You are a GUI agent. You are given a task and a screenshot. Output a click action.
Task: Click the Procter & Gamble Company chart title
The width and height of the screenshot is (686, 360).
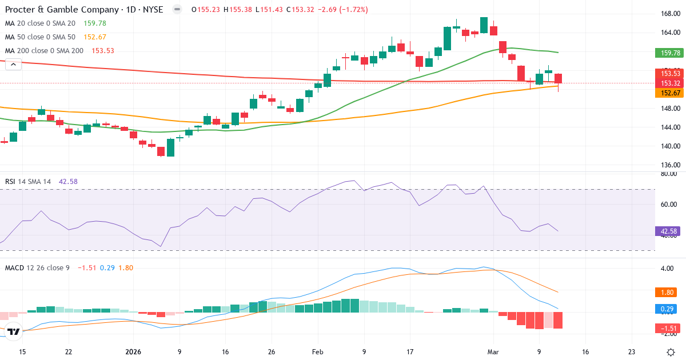tap(84, 10)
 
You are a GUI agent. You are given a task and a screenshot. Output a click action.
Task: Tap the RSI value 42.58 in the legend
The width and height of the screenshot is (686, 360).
tap(68, 182)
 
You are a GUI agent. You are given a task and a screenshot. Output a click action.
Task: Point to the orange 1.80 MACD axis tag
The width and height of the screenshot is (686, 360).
tap(666, 292)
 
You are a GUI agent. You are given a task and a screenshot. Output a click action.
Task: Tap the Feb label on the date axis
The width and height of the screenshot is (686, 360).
tap(317, 352)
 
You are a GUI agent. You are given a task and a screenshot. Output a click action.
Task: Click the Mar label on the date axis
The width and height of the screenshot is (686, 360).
tap(493, 352)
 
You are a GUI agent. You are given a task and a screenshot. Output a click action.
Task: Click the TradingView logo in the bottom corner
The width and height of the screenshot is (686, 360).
tap(14, 331)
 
